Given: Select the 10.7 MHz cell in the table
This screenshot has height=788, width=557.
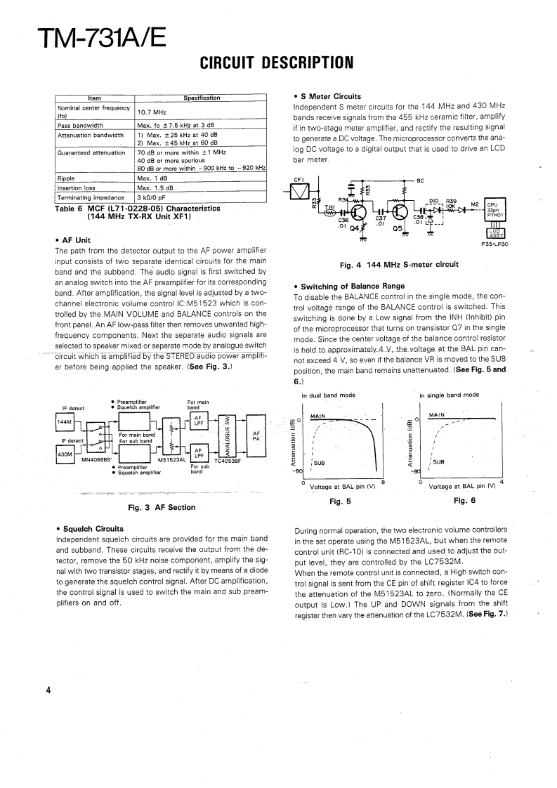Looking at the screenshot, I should tap(151, 112).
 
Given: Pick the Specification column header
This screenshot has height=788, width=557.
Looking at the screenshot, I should tap(202, 98).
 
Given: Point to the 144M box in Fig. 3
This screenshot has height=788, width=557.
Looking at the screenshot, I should tap(64, 421).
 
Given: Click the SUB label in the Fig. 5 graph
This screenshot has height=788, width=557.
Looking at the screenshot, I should tap(319, 462).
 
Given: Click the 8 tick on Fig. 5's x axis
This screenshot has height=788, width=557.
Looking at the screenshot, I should tap(384, 481).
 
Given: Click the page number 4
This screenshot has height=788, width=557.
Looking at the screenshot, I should tap(48, 690).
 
